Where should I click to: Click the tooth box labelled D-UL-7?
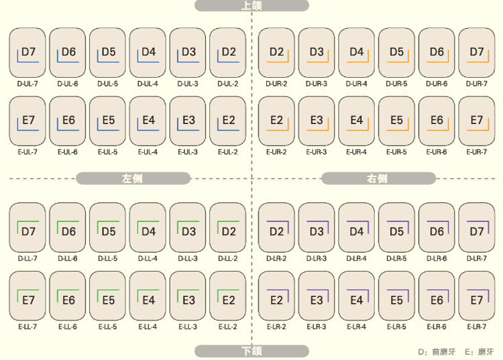27,52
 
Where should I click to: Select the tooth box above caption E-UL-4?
148,121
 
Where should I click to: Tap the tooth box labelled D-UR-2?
276,52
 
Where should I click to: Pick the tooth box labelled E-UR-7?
476,121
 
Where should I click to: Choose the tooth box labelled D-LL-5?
107,227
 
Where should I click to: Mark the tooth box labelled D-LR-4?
356,227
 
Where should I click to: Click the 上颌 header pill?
251,5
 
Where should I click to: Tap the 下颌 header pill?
251,351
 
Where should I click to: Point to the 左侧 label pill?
133,178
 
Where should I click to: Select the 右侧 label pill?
378,178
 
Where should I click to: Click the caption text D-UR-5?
396,84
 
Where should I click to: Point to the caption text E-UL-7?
27,152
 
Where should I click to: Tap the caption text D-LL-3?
188,258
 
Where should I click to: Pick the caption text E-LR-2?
276,326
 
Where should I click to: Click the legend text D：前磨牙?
436,351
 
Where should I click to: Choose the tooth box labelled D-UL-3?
188,52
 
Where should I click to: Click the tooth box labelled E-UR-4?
356,121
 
